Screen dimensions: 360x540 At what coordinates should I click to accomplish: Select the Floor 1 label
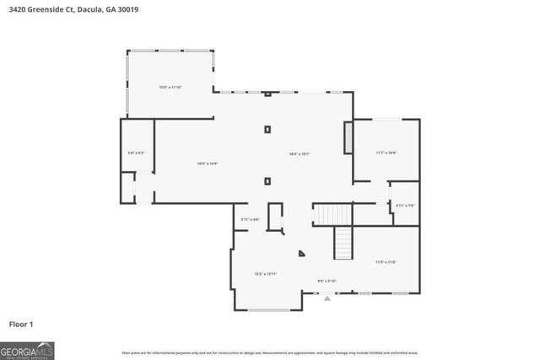21,323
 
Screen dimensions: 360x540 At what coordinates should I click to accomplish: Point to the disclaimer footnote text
269,352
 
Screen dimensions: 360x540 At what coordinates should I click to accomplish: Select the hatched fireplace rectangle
347,138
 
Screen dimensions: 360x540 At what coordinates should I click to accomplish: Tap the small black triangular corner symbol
300,252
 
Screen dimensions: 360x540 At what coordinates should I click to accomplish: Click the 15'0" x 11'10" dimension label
170,87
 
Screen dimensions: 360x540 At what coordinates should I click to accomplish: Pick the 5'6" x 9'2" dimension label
136,153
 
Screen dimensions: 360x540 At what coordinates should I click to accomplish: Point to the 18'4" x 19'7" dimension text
300,153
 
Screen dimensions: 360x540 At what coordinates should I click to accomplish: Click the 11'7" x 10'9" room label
386,153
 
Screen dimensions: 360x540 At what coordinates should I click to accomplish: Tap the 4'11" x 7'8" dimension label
405,205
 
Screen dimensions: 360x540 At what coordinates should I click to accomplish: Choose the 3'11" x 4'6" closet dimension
250,219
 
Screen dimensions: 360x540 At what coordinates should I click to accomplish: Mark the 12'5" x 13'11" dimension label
266,274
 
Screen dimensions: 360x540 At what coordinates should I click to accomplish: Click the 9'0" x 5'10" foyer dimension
327,281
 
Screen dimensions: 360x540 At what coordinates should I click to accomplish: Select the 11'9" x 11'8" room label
386,262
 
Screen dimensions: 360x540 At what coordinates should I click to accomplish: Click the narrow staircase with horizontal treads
343,244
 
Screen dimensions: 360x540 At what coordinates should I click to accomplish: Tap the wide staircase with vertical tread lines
331,214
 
